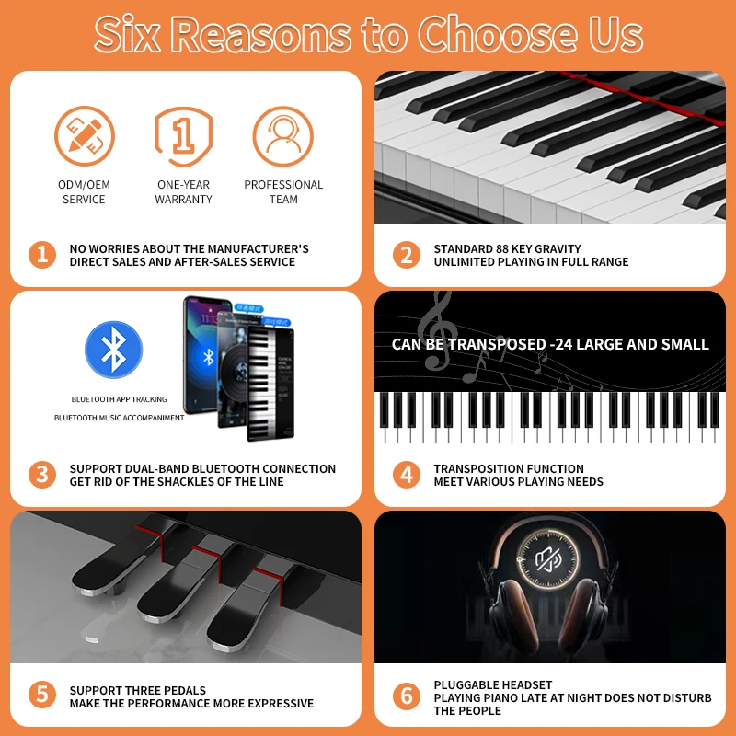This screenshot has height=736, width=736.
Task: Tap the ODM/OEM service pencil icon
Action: (x=84, y=136)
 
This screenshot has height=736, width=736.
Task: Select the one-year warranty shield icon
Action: (x=183, y=136)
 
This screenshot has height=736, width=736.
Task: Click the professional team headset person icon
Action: (x=283, y=136)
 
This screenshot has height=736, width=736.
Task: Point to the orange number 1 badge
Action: (x=42, y=255)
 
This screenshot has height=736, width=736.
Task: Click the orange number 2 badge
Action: (x=407, y=255)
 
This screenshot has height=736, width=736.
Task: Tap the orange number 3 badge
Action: (x=42, y=475)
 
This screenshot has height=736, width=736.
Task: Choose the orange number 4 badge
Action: (x=407, y=475)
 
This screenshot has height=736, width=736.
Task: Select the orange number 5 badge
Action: (x=42, y=696)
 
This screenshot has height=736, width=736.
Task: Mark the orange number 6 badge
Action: (x=407, y=696)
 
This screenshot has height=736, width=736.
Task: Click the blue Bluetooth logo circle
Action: (x=114, y=350)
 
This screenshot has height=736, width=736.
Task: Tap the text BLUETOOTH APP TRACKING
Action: (x=120, y=399)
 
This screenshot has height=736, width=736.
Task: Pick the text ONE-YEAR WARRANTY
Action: (x=183, y=191)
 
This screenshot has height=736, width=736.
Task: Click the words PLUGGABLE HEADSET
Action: (x=493, y=685)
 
